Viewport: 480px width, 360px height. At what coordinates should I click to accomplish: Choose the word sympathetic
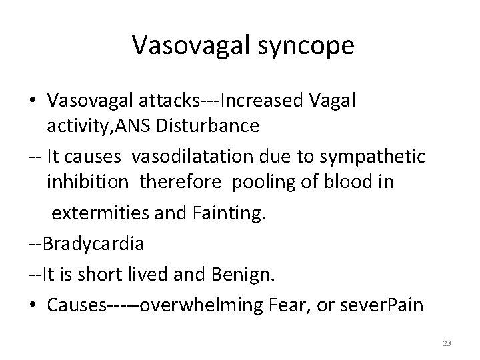(x=374, y=157)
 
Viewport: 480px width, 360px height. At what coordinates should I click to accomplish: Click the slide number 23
(x=447, y=343)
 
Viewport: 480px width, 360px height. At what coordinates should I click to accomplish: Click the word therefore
(x=183, y=183)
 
